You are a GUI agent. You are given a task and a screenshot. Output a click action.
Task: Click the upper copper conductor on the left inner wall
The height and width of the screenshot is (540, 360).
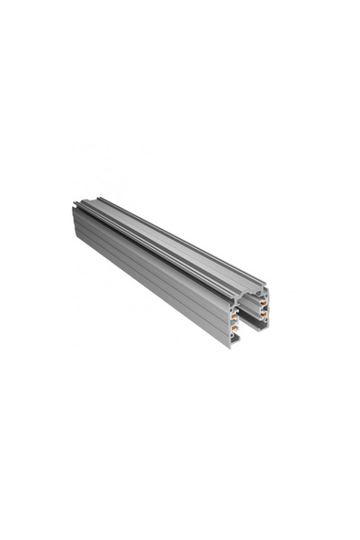click(x=233, y=315)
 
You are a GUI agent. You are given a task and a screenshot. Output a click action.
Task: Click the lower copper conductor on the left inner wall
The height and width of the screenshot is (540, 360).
click(x=233, y=328)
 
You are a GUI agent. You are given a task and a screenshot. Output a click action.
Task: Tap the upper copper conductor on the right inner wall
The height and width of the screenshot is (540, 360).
click(x=264, y=302)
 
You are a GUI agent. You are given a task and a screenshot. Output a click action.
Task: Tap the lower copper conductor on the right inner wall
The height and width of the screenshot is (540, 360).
click(x=264, y=314)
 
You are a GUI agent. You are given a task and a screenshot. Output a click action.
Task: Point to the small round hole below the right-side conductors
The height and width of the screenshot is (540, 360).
click(x=266, y=320)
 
